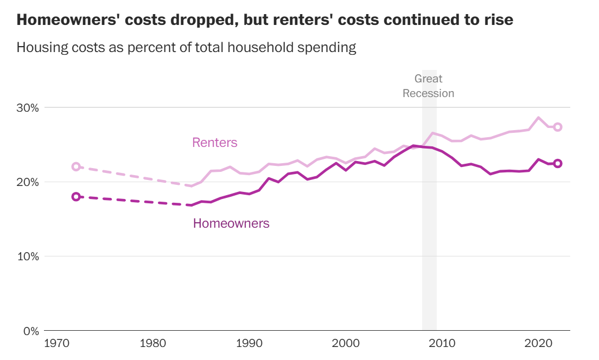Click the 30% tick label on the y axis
coord(28,108)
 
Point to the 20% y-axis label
coord(28,182)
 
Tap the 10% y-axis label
coord(28,256)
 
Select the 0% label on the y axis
coord(31,331)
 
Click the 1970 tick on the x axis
coord(57,343)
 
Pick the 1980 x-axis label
coord(153,343)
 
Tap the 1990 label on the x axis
coord(249,343)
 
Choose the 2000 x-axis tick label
coord(346,343)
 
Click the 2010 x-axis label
coord(442,343)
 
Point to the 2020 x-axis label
coord(538,343)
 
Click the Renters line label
coord(215,143)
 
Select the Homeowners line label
coord(231,223)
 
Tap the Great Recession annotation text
coord(428,86)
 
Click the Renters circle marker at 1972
coord(76,166)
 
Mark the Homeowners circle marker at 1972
coord(76,196)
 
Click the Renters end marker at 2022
coord(557,127)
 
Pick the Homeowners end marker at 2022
coord(557,163)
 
